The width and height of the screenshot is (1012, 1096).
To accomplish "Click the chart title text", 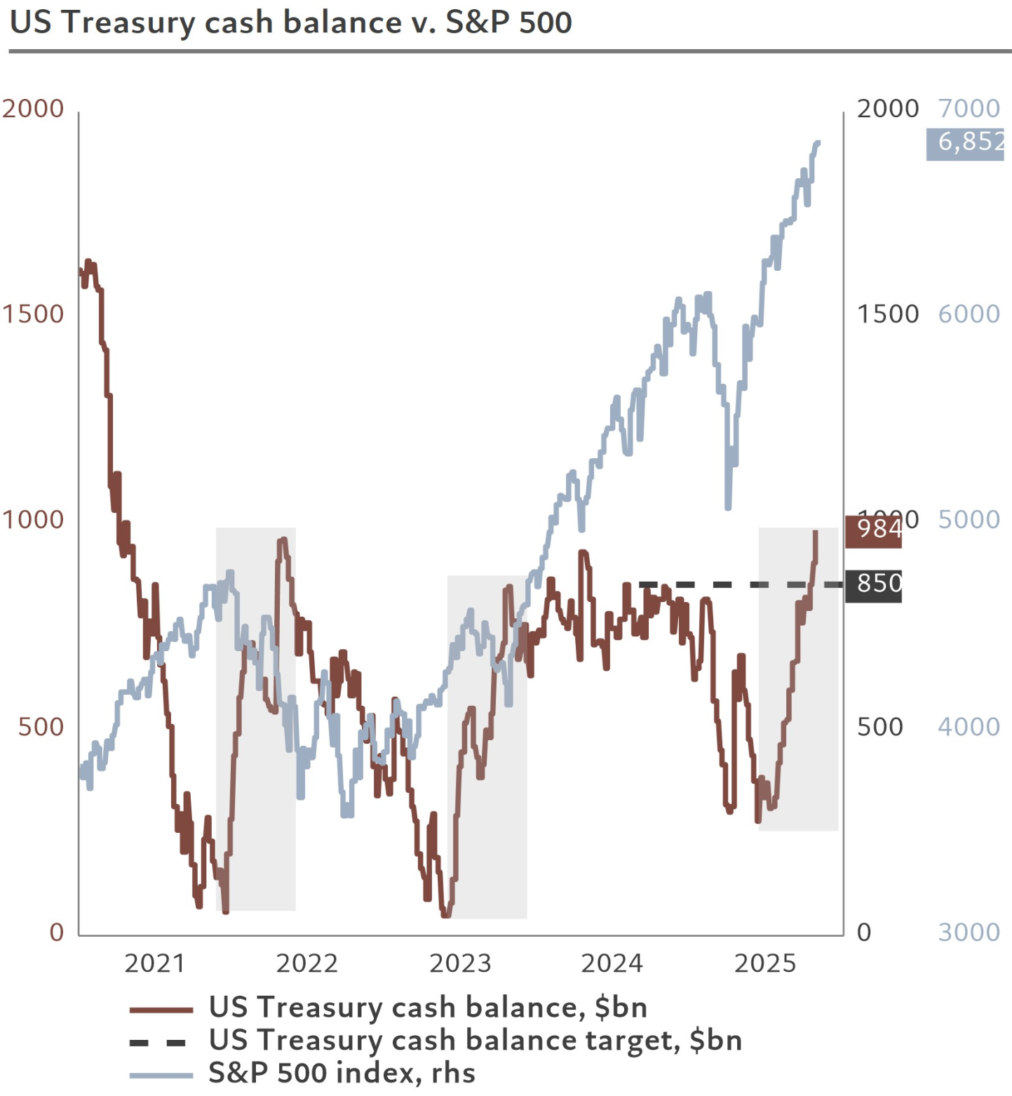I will pyautogui.click(x=291, y=22).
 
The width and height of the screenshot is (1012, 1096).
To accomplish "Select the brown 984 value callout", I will pyautogui.click(x=874, y=530).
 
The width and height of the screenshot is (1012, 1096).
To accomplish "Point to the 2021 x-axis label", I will pyautogui.click(x=154, y=963).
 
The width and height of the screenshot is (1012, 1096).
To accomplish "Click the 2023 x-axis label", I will pyautogui.click(x=460, y=963).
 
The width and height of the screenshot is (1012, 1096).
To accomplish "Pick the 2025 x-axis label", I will pyautogui.click(x=765, y=963).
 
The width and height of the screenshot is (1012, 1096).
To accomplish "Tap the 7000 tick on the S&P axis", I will pyautogui.click(x=969, y=109).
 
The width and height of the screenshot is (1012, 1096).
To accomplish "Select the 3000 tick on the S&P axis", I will pyautogui.click(x=969, y=932).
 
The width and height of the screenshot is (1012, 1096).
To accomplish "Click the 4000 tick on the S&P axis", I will pyautogui.click(x=969, y=726).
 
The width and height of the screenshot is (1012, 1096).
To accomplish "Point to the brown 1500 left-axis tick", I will pyautogui.click(x=32, y=314).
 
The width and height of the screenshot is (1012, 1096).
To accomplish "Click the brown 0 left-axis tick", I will pyautogui.click(x=57, y=932).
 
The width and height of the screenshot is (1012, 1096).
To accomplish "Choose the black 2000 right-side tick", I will pyautogui.click(x=887, y=109).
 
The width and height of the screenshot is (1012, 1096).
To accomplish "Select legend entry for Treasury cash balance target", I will pyautogui.click(x=475, y=1041).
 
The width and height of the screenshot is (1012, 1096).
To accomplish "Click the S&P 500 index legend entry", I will pyautogui.click(x=342, y=1074).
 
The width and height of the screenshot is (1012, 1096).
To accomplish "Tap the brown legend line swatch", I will pyautogui.click(x=161, y=1010).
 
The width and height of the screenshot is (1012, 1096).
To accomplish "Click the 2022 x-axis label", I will pyautogui.click(x=307, y=963).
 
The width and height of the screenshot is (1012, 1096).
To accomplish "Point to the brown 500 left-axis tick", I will pyautogui.click(x=41, y=726).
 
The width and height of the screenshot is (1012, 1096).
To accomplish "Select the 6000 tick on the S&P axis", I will pyautogui.click(x=969, y=314).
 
